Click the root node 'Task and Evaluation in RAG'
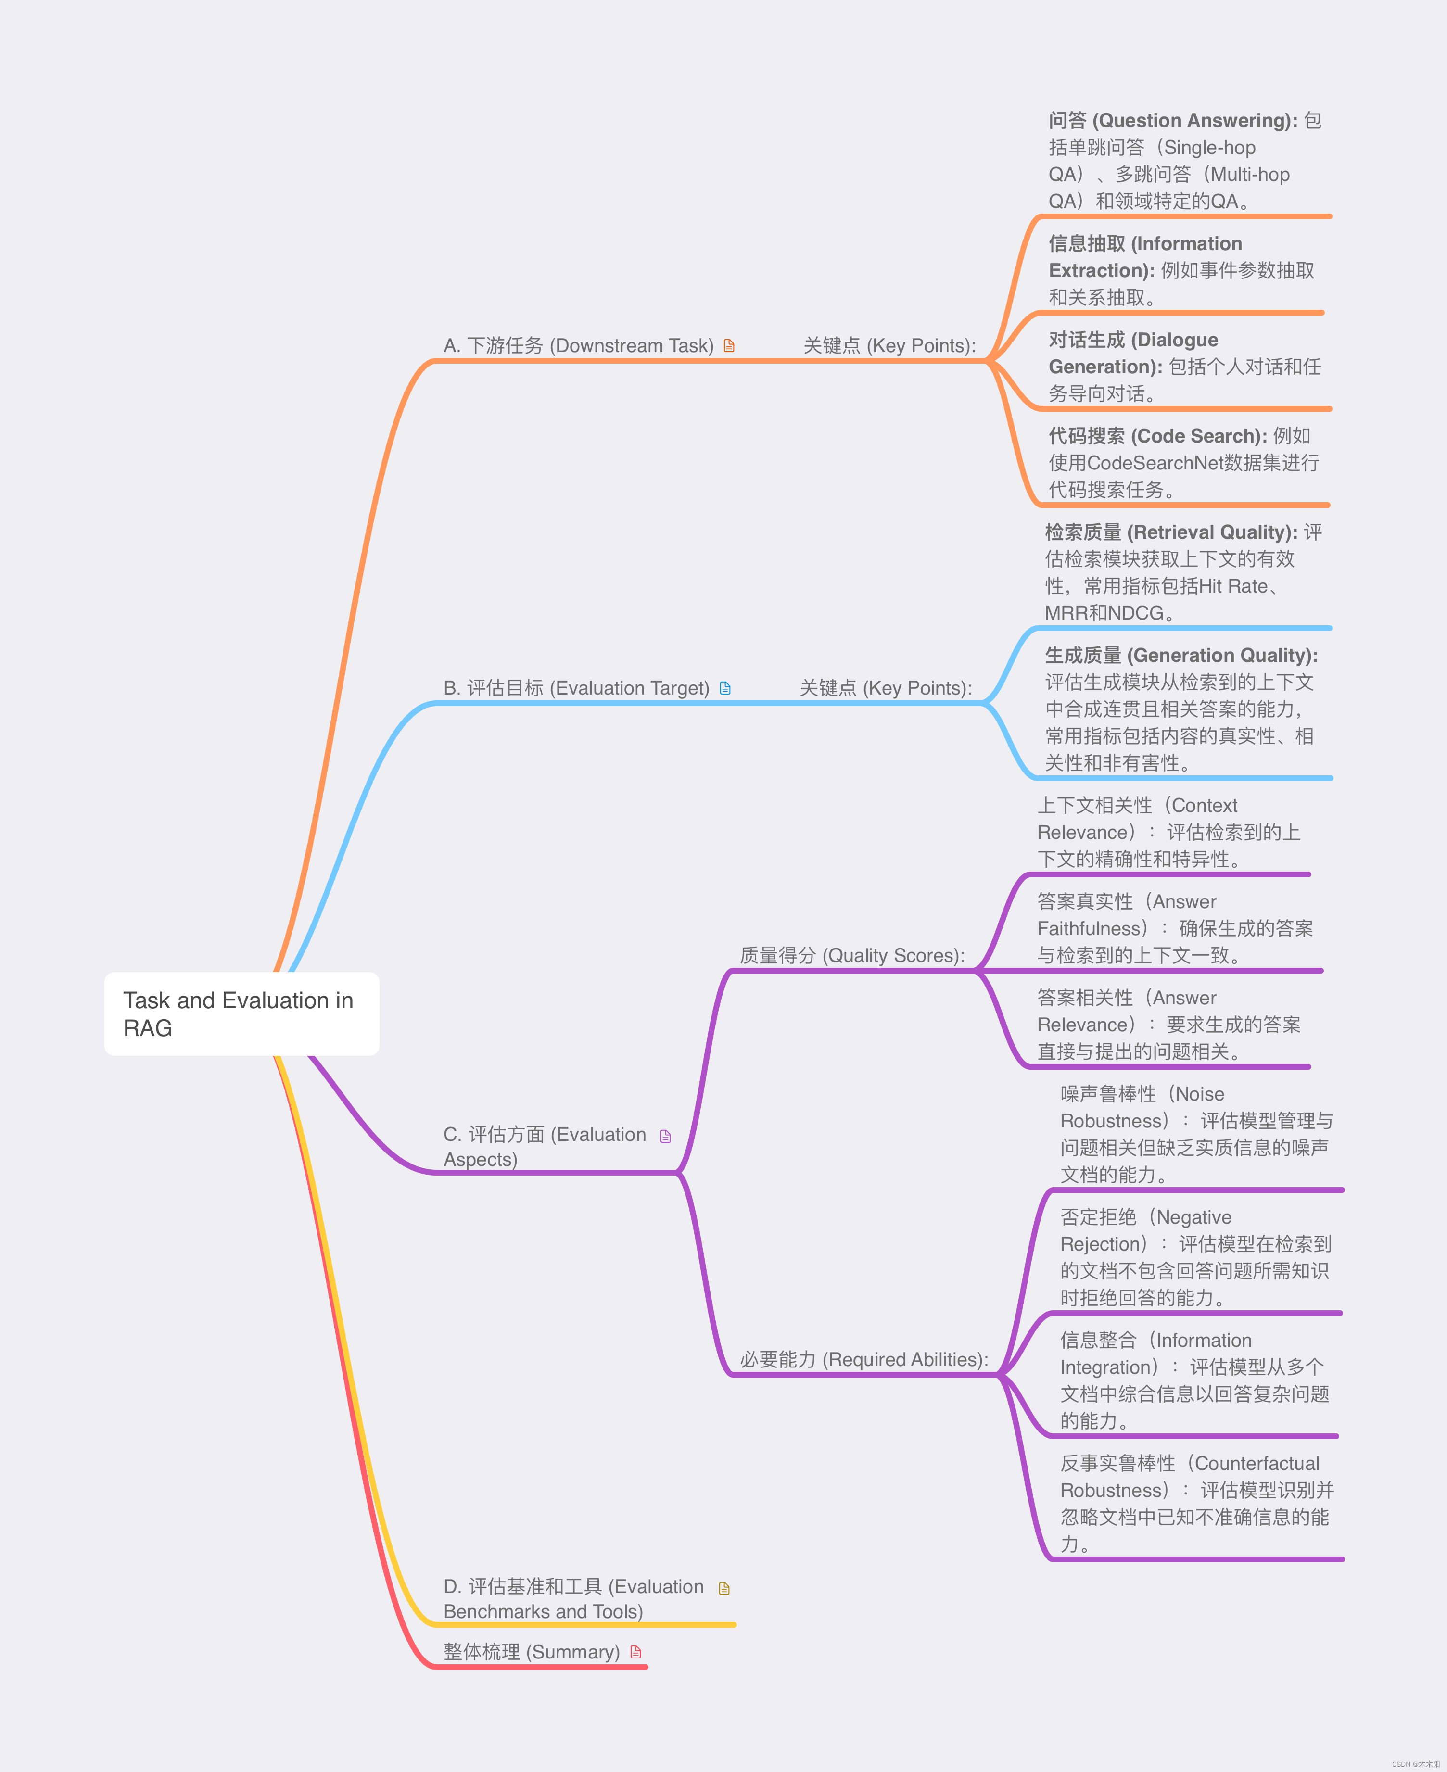tap(241, 1013)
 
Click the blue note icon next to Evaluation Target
tap(725, 688)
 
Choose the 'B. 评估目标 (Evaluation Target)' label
tap(576, 688)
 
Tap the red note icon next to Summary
tap(636, 1652)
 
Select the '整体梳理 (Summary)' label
tap(531, 1652)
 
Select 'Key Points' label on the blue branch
tap(885, 688)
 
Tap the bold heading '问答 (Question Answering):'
tap(1172, 121)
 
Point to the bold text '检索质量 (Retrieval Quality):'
tap(1170, 532)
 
